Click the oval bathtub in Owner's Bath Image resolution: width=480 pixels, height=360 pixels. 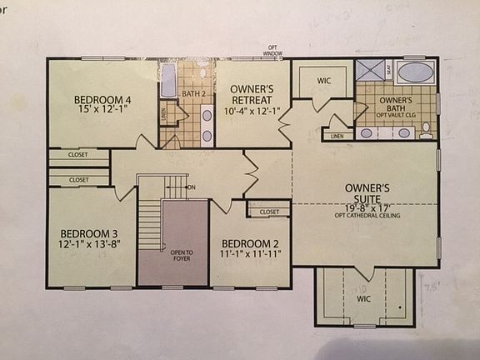point(414,72)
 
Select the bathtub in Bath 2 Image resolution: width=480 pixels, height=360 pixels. point(167,84)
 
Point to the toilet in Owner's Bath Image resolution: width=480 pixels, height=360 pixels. point(426,130)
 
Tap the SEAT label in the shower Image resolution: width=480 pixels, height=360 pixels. point(389,71)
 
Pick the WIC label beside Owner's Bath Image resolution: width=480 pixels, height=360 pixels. point(323,82)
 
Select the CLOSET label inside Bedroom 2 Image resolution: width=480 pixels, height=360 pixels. point(269,212)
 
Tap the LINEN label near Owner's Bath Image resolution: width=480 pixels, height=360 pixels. point(337,135)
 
